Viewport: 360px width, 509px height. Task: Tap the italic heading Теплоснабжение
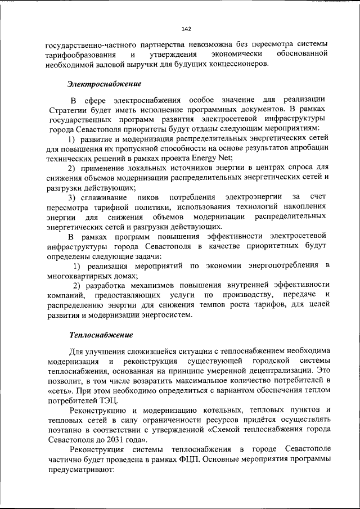[101, 335]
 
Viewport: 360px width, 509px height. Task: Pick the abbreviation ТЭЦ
[107, 400]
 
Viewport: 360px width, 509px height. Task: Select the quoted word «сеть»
[60, 390]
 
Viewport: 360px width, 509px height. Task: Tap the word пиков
[148, 197]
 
